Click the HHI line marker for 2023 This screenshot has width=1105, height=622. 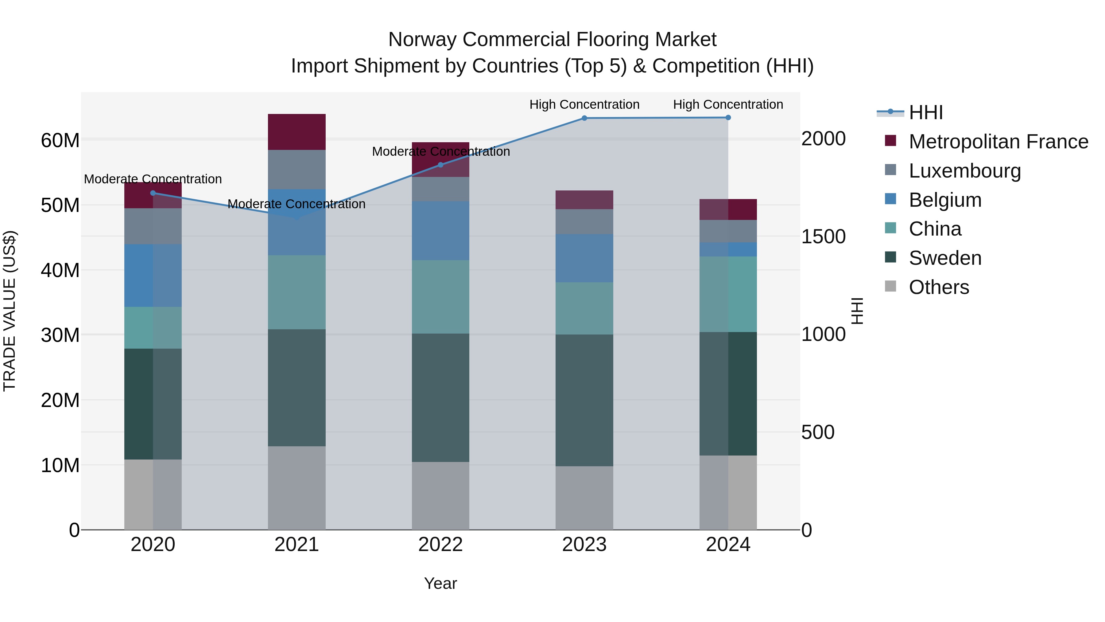click(584, 118)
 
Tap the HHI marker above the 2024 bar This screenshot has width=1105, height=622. click(728, 118)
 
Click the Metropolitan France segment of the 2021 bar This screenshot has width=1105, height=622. click(297, 132)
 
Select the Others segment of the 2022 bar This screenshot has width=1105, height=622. click(440, 496)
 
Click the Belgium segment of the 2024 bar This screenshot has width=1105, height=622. click(728, 249)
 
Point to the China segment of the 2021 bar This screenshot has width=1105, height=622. click(297, 292)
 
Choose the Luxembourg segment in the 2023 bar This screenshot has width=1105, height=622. click(584, 221)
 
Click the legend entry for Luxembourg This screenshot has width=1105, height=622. click(964, 171)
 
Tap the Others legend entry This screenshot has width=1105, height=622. click(939, 287)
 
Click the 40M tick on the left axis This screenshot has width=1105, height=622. click(60, 270)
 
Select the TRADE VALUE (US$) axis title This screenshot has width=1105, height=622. click(10, 311)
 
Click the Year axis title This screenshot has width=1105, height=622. click(440, 583)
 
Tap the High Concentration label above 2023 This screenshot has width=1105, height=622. click(584, 104)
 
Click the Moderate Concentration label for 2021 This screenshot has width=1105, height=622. click(297, 204)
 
